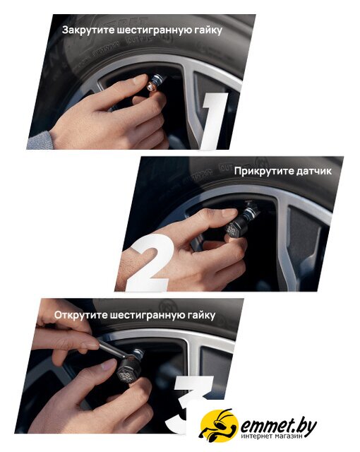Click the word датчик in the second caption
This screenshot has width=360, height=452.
point(311,171)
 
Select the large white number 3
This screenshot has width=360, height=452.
point(190,404)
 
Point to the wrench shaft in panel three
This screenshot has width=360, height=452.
point(112,350)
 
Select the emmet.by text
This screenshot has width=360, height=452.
point(278,427)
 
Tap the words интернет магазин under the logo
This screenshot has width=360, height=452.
point(272,436)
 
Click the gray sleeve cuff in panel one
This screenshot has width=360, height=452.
point(40,141)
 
